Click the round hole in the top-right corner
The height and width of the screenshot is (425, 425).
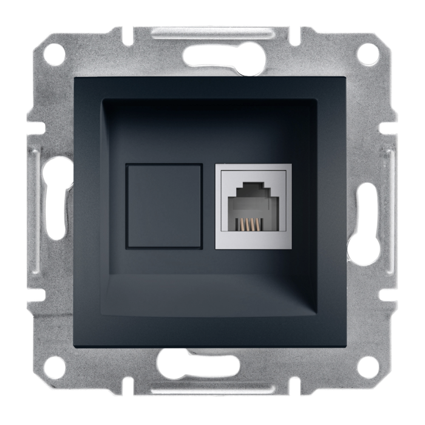pos(367,54)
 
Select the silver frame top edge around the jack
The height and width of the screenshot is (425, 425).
pos(253,168)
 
